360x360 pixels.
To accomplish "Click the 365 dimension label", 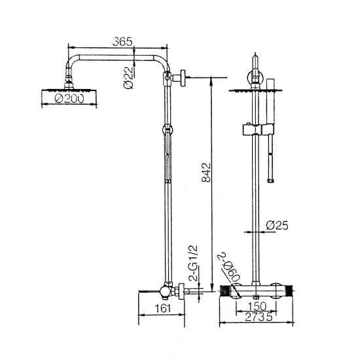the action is click(122, 41).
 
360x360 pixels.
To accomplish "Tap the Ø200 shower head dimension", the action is click(69, 98).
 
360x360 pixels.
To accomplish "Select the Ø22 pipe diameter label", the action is click(128, 78).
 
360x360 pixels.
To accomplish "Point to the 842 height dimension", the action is click(206, 172).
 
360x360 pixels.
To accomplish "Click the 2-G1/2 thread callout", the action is click(193, 263).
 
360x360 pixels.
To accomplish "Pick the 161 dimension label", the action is click(163, 308).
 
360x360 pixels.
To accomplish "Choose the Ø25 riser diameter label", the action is click(277, 225).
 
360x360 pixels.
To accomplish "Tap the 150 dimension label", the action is click(257, 306).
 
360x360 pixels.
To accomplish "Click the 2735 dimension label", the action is click(259, 317).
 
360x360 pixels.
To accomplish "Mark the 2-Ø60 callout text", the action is click(230, 268).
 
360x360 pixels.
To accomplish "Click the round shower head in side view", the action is click(69, 97).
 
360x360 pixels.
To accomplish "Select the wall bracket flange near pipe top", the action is click(183, 78).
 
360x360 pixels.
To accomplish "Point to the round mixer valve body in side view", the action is click(166, 292).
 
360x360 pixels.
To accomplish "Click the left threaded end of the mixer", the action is click(225, 291).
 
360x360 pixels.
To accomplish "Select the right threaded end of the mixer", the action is click(289, 291).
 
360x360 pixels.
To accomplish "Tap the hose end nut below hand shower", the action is click(270, 181).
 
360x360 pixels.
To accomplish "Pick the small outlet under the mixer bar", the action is click(256, 297).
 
